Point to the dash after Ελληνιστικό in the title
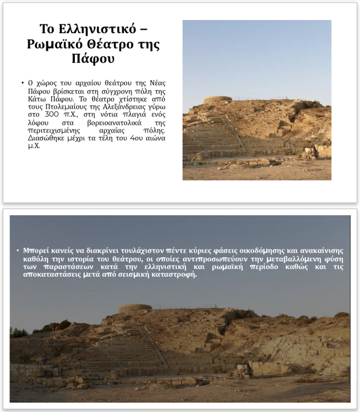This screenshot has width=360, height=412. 144,30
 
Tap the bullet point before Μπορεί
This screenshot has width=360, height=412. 17,251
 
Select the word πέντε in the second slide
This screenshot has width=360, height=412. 176,251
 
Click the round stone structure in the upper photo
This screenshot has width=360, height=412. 217,100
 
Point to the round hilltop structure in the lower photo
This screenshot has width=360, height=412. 135,308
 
